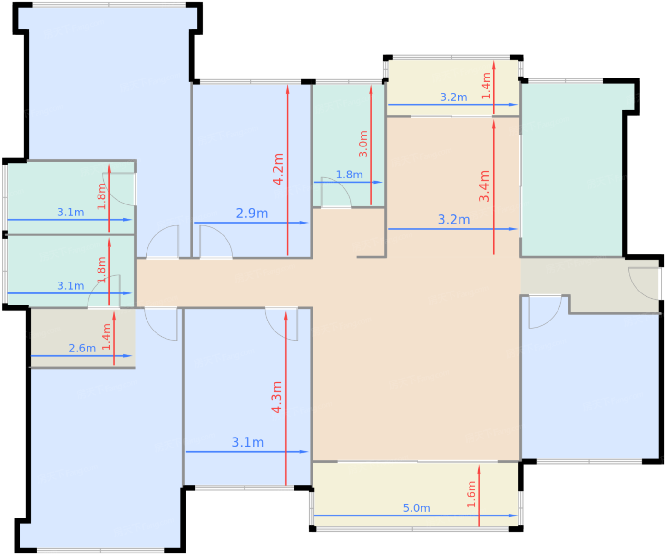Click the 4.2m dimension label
pos(278,169)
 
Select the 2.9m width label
pos(252,213)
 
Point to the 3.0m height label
pos(363,144)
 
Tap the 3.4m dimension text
pos(484,186)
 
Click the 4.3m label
pos(276,397)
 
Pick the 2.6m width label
pos(82,348)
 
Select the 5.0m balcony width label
pos(416,508)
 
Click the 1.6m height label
pos(471,494)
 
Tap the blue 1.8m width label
pos(349,175)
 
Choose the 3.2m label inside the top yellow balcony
pos(453,97)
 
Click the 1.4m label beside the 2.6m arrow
pos(106,337)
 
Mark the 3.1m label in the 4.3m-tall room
pos(247,442)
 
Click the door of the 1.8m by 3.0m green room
pos(336,192)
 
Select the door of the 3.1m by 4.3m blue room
pos(281,324)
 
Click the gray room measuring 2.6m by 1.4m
pos(83,338)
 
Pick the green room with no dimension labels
pos(572,169)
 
